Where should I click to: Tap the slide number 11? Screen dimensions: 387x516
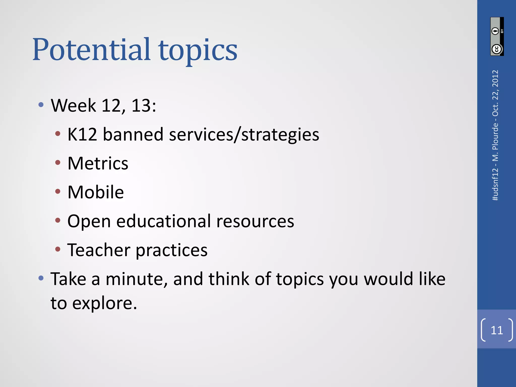click(x=497, y=330)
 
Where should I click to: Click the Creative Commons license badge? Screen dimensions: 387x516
click(x=497, y=37)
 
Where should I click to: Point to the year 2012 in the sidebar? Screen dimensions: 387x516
click(x=495, y=78)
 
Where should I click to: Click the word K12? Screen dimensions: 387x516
click(x=82, y=134)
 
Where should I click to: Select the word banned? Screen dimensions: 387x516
click(x=133, y=134)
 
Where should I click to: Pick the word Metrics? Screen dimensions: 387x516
click(x=98, y=163)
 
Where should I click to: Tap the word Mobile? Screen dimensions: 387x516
click(x=95, y=192)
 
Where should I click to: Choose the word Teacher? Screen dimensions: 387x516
click(x=99, y=250)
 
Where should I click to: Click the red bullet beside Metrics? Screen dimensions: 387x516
click(x=58, y=163)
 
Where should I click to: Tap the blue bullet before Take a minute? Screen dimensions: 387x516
click(x=41, y=278)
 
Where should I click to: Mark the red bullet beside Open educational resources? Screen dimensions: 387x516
click(x=58, y=220)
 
